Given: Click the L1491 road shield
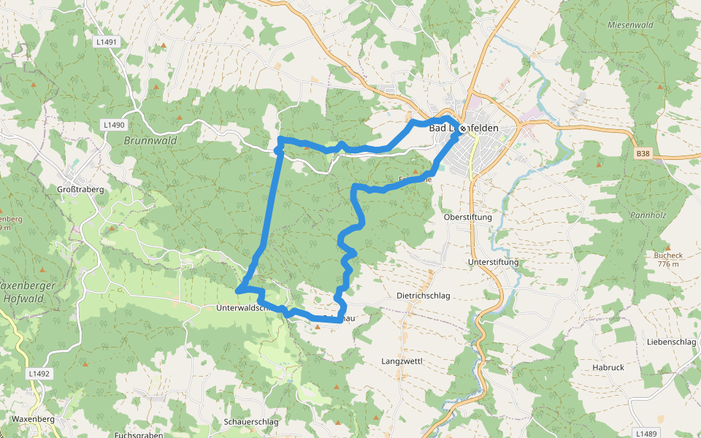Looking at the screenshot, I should pyautogui.click(x=107, y=42).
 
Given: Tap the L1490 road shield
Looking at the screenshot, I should pyautogui.click(x=114, y=125).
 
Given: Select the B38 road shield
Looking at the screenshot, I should pyautogui.click(x=642, y=153).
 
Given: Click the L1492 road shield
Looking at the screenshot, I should pyautogui.click(x=39, y=373).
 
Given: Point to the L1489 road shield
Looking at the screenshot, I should pyautogui.click(x=646, y=434).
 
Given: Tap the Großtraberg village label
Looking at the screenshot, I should pyautogui.click(x=80, y=189).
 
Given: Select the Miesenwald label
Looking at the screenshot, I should pyautogui.click(x=629, y=24).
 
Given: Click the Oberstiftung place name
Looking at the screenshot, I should pyautogui.click(x=468, y=218).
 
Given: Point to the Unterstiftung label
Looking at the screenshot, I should pyautogui.click(x=493, y=262).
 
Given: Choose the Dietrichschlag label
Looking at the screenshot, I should pyautogui.click(x=423, y=296).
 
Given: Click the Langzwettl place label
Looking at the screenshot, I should pyautogui.click(x=402, y=361).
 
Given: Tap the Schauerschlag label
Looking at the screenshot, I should pyautogui.click(x=252, y=422).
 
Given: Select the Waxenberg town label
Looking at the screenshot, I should pyautogui.click(x=34, y=420).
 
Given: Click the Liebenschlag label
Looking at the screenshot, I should pyautogui.click(x=671, y=342).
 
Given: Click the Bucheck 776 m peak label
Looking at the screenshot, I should pyautogui.click(x=667, y=260).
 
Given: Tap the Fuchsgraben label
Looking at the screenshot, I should pyautogui.click(x=139, y=435).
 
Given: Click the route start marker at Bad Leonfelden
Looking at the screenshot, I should pyautogui.click(x=462, y=128).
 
